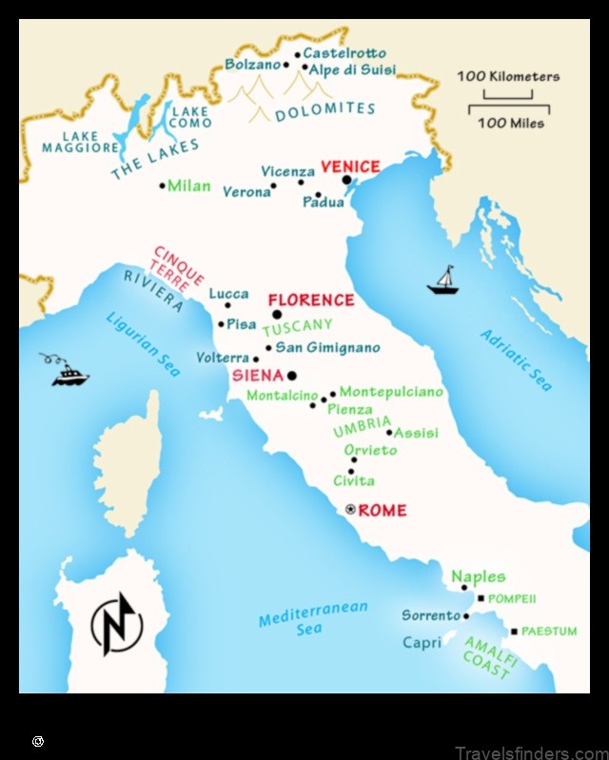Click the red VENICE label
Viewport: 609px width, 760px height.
pyautogui.click(x=350, y=166)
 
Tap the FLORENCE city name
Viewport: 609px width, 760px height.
pyautogui.click(x=310, y=300)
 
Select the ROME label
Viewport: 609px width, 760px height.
pyautogui.click(x=383, y=511)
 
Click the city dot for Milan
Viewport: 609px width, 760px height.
pyautogui.click(x=163, y=185)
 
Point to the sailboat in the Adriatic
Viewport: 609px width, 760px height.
pyautogui.click(x=442, y=280)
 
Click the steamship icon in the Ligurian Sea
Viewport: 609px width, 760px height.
pyautogui.click(x=69, y=371)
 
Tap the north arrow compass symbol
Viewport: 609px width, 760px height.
pyautogui.click(x=116, y=623)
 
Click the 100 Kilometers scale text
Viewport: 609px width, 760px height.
pyautogui.click(x=508, y=76)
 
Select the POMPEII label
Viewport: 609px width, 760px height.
pyautogui.click(x=512, y=599)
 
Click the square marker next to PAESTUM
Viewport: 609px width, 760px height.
pyautogui.click(x=515, y=631)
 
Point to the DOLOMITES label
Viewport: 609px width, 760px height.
pyautogui.click(x=324, y=110)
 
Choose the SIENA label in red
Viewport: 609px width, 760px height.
pyautogui.click(x=258, y=376)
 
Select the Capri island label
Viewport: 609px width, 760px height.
pyautogui.click(x=422, y=643)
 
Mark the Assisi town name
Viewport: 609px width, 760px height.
pyautogui.click(x=416, y=433)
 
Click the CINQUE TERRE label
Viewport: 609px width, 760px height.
pyautogui.click(x=178, y=265)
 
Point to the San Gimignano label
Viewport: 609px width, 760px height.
pyautogui.click(x=327, y=347)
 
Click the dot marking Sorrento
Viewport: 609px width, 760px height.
pyautogui.click(x=466, y=615)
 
